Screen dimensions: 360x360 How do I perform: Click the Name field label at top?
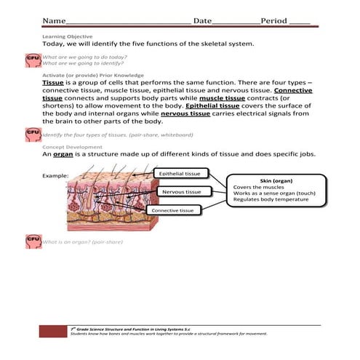click(x=52, y=20)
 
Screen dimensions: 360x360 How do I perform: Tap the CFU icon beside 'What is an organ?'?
click(x=33, y=239)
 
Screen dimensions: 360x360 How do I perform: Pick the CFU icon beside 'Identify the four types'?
click(x=33, y=133)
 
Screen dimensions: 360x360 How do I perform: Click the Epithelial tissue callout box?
click(x=181, y=174)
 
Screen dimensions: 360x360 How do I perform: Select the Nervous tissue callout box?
click(x=181, y=192)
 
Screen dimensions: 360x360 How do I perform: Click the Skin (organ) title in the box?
click(x=275, y=180)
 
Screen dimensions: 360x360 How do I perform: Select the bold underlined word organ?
click(x=65, y=154)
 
